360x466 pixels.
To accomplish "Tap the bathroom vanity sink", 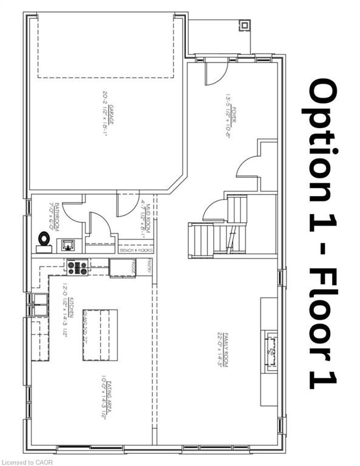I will tap(68, 245).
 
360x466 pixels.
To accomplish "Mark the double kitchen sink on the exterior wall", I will tap(40, 304).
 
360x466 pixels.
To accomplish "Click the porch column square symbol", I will tap(244, 25).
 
